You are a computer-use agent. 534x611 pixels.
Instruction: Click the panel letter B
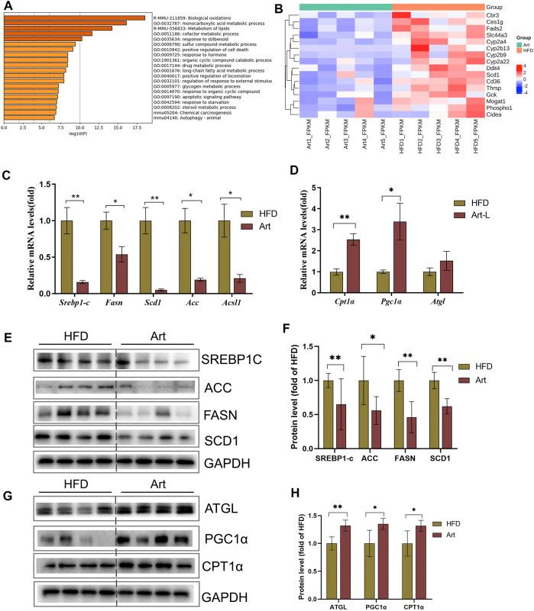[x=278, y=9]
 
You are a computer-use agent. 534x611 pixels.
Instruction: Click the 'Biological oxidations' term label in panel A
[x=207, y=18]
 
